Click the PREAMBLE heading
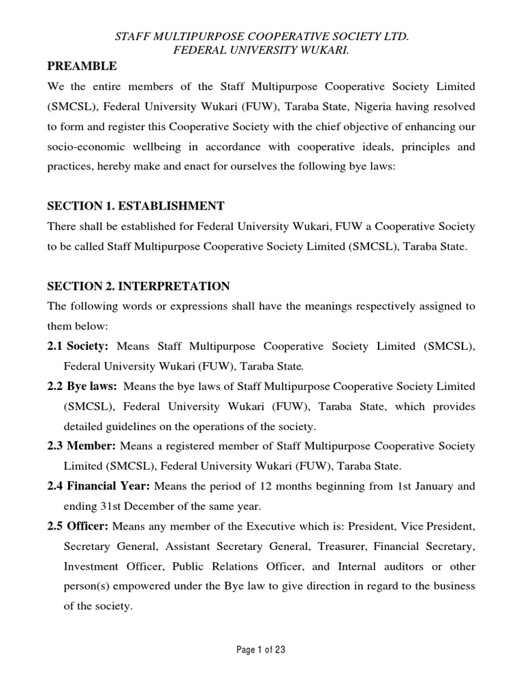click(82, 66)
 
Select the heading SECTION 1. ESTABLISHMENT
click(136, 206)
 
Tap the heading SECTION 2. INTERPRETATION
click(138, 286)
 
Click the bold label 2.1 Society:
click(78, 346)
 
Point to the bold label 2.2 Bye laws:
click(82, 387)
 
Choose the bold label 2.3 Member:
click(81, 447)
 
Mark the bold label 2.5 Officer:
click(78, 526)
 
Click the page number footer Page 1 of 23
click(261, 649)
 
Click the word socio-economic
click(91, 148)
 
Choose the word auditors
click(379, 566)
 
